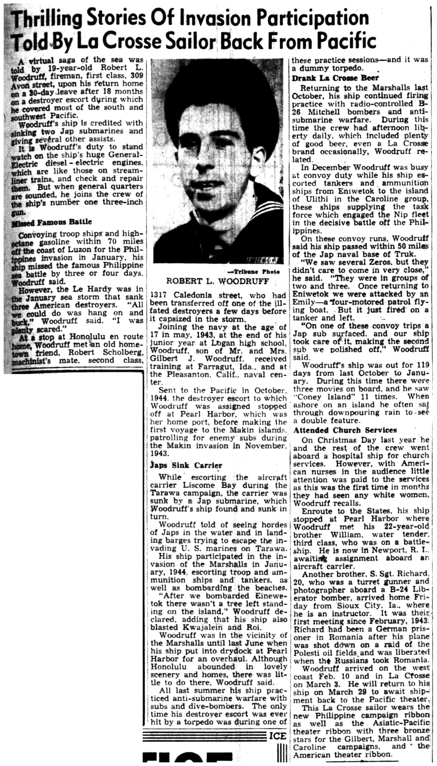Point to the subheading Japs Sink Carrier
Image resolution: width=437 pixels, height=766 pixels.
click(186, 465)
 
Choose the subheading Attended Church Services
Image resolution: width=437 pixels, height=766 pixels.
click(345, 430)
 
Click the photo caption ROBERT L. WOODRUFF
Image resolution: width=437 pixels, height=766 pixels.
click(217, 281)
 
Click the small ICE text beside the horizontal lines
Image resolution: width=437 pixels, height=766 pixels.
click(278, 736)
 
